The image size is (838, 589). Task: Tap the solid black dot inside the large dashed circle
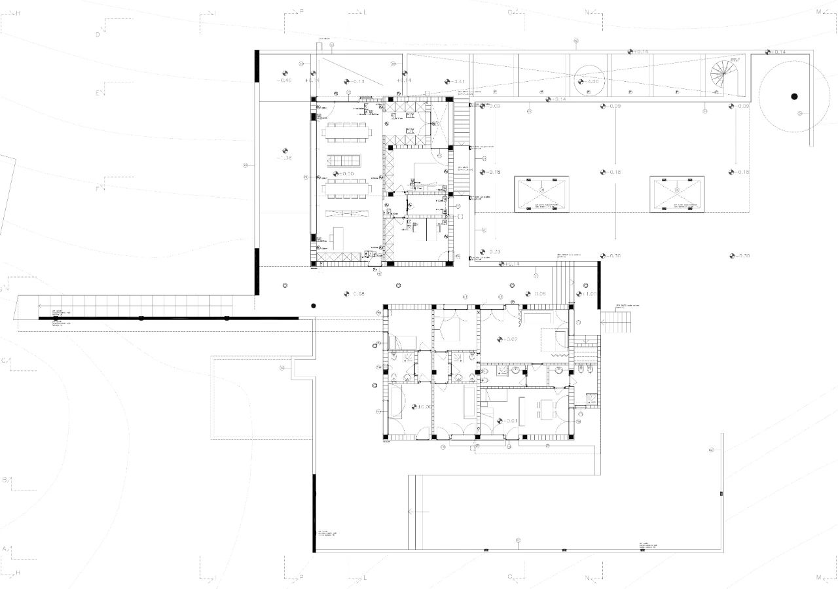pyautogui.click(x=794, y=96)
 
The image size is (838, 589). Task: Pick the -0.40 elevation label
pyautogui.click(x=284, y=80)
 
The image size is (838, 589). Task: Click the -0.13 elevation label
pyautogui.click(x=353, y=81)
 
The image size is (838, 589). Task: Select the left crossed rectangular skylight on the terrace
pyautogui.click(x=542, y=194)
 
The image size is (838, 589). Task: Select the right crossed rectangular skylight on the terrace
pyautogui.click(x=676, y=194)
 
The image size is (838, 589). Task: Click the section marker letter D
pyautogui.click(x=98, y=35)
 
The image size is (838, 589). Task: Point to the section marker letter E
pyautogui.click(x=98, y=93)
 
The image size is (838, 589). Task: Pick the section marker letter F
pyautogui.click(x=98, y=188)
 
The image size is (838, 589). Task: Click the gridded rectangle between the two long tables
pyautogui.click(x=344, y=160)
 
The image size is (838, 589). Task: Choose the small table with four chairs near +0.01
pyautogui.click(x=546, y=410)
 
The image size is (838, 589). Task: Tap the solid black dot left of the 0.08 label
pyautogui.click(x=314, y=306)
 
